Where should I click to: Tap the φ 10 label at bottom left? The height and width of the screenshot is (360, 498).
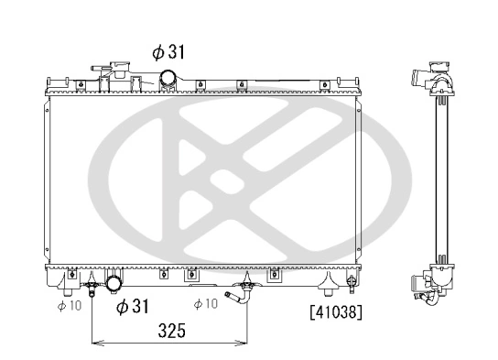coord(70,305)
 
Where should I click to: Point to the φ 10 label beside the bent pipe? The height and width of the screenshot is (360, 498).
coord(205,304)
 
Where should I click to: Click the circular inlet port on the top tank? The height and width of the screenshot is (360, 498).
coord(168,79)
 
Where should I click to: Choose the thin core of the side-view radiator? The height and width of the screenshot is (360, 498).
coord(440,174)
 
